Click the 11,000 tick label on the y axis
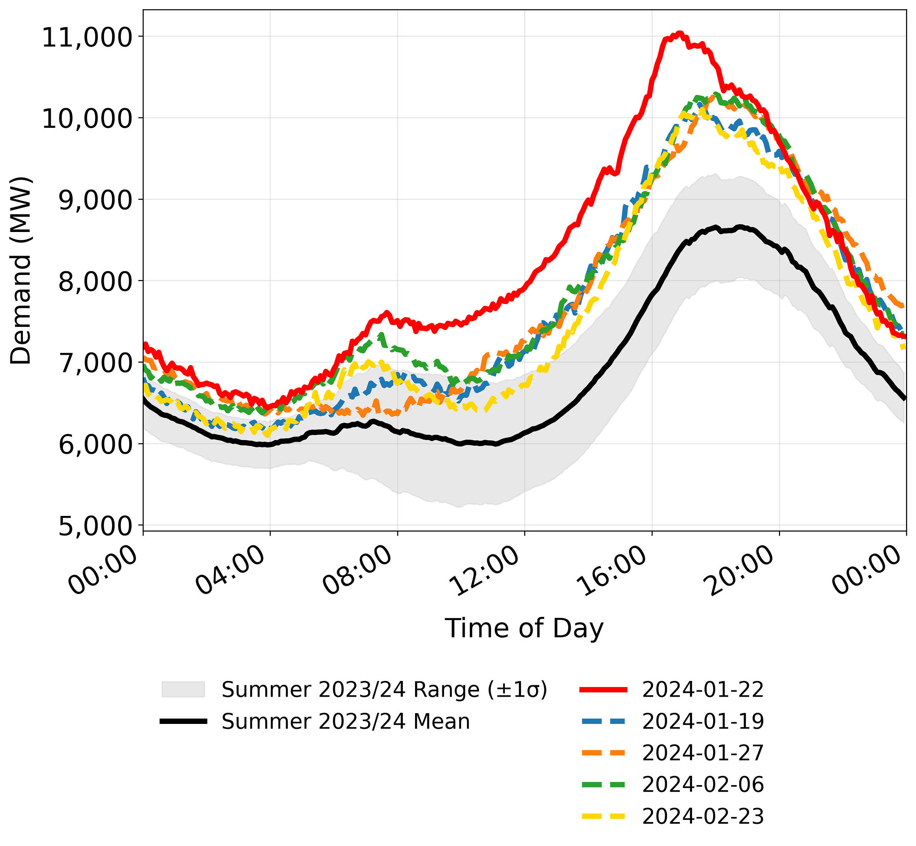pos(87,38)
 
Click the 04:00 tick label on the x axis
pos(230,570)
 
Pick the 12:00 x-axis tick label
pos(485,570)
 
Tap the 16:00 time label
pos(612,570)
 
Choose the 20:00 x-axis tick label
pos(739,570)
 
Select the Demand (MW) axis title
pos(21,270)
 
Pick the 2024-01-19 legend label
pos(703,721)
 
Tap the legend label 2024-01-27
pos(703,753)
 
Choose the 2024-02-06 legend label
pos(703,785)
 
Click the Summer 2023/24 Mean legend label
pos(346,721)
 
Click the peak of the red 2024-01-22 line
pos(679,33)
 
